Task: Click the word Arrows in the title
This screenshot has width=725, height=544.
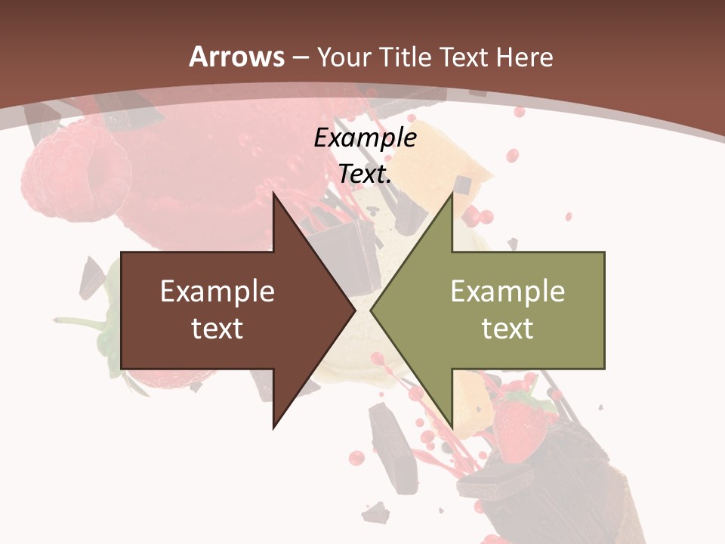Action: pyautogui.click(x=236, y=57)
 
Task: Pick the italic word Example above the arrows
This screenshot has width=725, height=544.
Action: pyautogui.click(x=365, y=138)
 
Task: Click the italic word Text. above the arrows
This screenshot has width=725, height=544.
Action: pyautogui.click(x=365, y=175)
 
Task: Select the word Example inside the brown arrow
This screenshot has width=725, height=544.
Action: pyautogui.click(x=217, y=292)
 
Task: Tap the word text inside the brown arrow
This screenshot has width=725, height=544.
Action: pyautogui.click(x=217, y=329)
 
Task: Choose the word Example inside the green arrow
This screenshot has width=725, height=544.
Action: pyautogui.click(x=507, y=292)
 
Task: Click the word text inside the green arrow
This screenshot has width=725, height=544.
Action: pyautogui.click(x=507, y=329)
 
